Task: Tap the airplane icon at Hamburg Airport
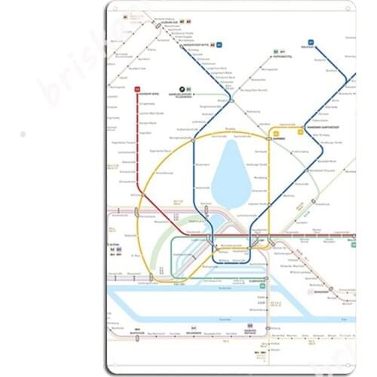tap(181, 88)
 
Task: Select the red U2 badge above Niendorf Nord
tap(137, 88)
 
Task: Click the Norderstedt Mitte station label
tap(199, 44)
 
